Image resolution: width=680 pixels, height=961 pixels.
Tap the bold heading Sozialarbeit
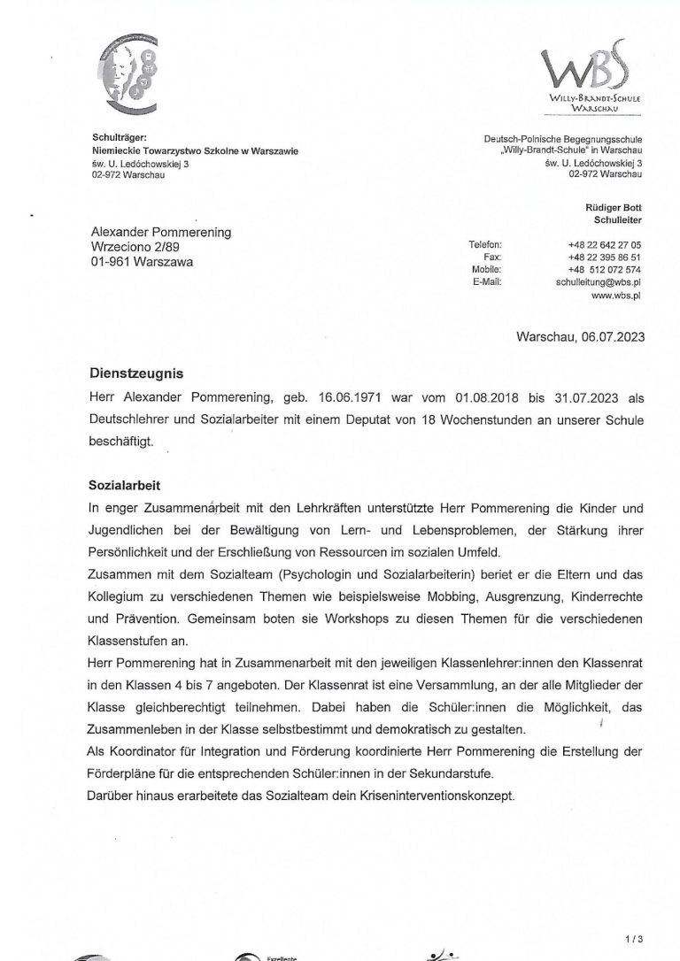[x=123, y=485]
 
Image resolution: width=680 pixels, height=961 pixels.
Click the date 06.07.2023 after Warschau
[x=613, y=336]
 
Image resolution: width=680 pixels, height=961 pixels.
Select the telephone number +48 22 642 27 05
[x=606, y=244]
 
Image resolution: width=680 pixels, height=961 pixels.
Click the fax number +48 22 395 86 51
[x=606, y=257]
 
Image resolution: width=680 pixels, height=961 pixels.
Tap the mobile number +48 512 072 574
[x=606, y=269]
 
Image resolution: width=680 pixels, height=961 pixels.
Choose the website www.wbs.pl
[x=616, y=296]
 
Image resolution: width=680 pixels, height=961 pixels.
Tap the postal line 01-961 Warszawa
[x=143, y=262]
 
